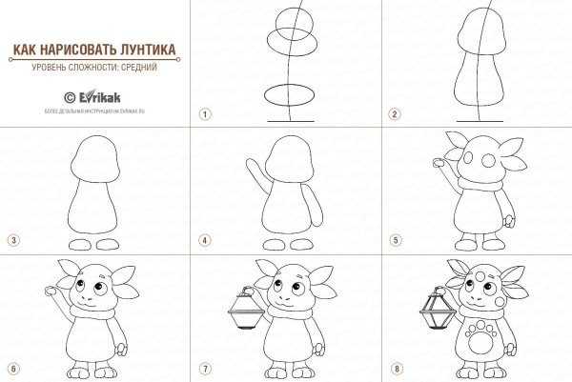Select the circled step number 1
203,113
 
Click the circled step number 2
392,113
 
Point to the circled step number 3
12,239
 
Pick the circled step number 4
203,239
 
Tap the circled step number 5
392,239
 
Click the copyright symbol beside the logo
68,95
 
